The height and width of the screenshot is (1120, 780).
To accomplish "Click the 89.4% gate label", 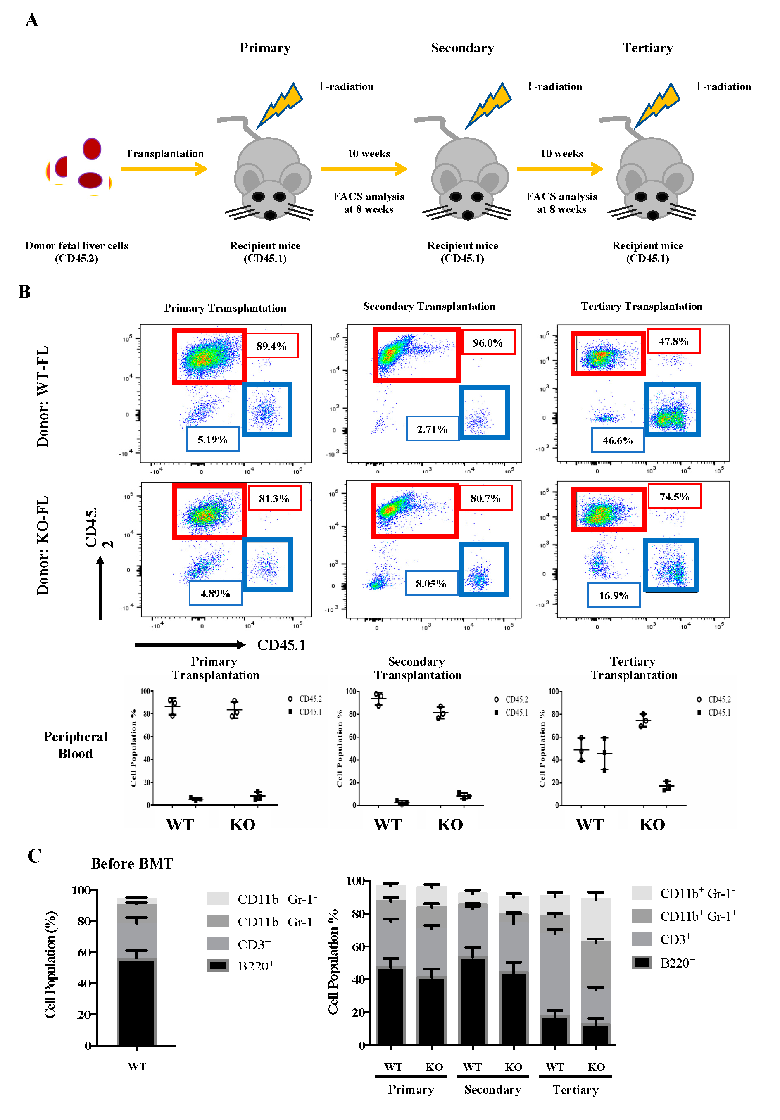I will point(271,346).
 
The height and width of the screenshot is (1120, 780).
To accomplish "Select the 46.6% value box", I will point(618,440).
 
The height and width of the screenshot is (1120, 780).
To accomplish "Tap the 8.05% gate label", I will point(431,583).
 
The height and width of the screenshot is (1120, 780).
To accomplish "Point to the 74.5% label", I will point(674,497).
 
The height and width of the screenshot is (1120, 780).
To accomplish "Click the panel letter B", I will point(24,292).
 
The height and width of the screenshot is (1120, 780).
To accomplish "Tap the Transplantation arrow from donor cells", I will point(164,169).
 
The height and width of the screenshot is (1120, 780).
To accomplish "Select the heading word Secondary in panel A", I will point(462,48).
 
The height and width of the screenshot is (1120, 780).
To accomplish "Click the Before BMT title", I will point(132,864).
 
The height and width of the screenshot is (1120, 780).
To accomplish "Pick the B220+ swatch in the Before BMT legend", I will point(218,965).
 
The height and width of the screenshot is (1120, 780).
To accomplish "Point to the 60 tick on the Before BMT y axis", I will point(84,952).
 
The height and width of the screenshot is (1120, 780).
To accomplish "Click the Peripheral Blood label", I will point(75,745).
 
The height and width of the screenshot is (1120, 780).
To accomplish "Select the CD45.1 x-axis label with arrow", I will point(281,645).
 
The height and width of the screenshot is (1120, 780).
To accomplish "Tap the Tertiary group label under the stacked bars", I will point(575,1090).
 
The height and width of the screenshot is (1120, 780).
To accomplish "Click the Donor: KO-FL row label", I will point(43,545).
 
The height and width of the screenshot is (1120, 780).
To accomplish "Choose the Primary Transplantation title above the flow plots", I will point(225,308).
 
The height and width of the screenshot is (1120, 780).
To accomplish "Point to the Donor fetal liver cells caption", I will point(76,252).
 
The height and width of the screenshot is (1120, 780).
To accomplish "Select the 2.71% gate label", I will point(432,429).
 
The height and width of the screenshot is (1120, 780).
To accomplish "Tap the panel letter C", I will point(34,856).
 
